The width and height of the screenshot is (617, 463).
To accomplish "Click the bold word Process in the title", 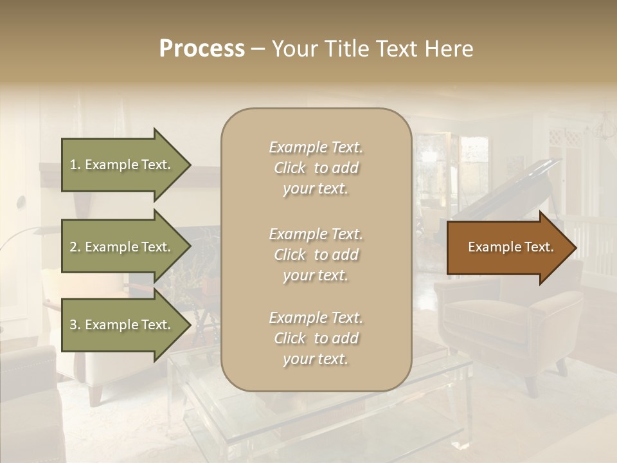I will [x=202, y=49].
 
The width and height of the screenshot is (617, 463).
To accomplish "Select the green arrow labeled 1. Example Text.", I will [x=122, y=165].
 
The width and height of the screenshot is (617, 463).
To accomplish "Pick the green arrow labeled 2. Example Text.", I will [x=122, y=247].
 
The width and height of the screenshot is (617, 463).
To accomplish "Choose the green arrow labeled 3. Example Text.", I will [x=122, y=325].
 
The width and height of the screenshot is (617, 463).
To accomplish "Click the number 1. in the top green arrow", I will [x=75, y=165].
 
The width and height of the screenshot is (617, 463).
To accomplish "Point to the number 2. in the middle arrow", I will [x=75, y=247].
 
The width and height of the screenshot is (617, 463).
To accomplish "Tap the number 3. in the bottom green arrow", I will [x=75, y=325].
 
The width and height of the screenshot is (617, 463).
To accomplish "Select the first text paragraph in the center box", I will [x=316, y=168].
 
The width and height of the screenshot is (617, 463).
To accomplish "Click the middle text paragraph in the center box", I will [x=316, y=255].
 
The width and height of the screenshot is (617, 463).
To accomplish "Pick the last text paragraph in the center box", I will [x=316, y=338].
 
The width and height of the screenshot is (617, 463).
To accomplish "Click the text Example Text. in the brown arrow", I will [x=510, y=248].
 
